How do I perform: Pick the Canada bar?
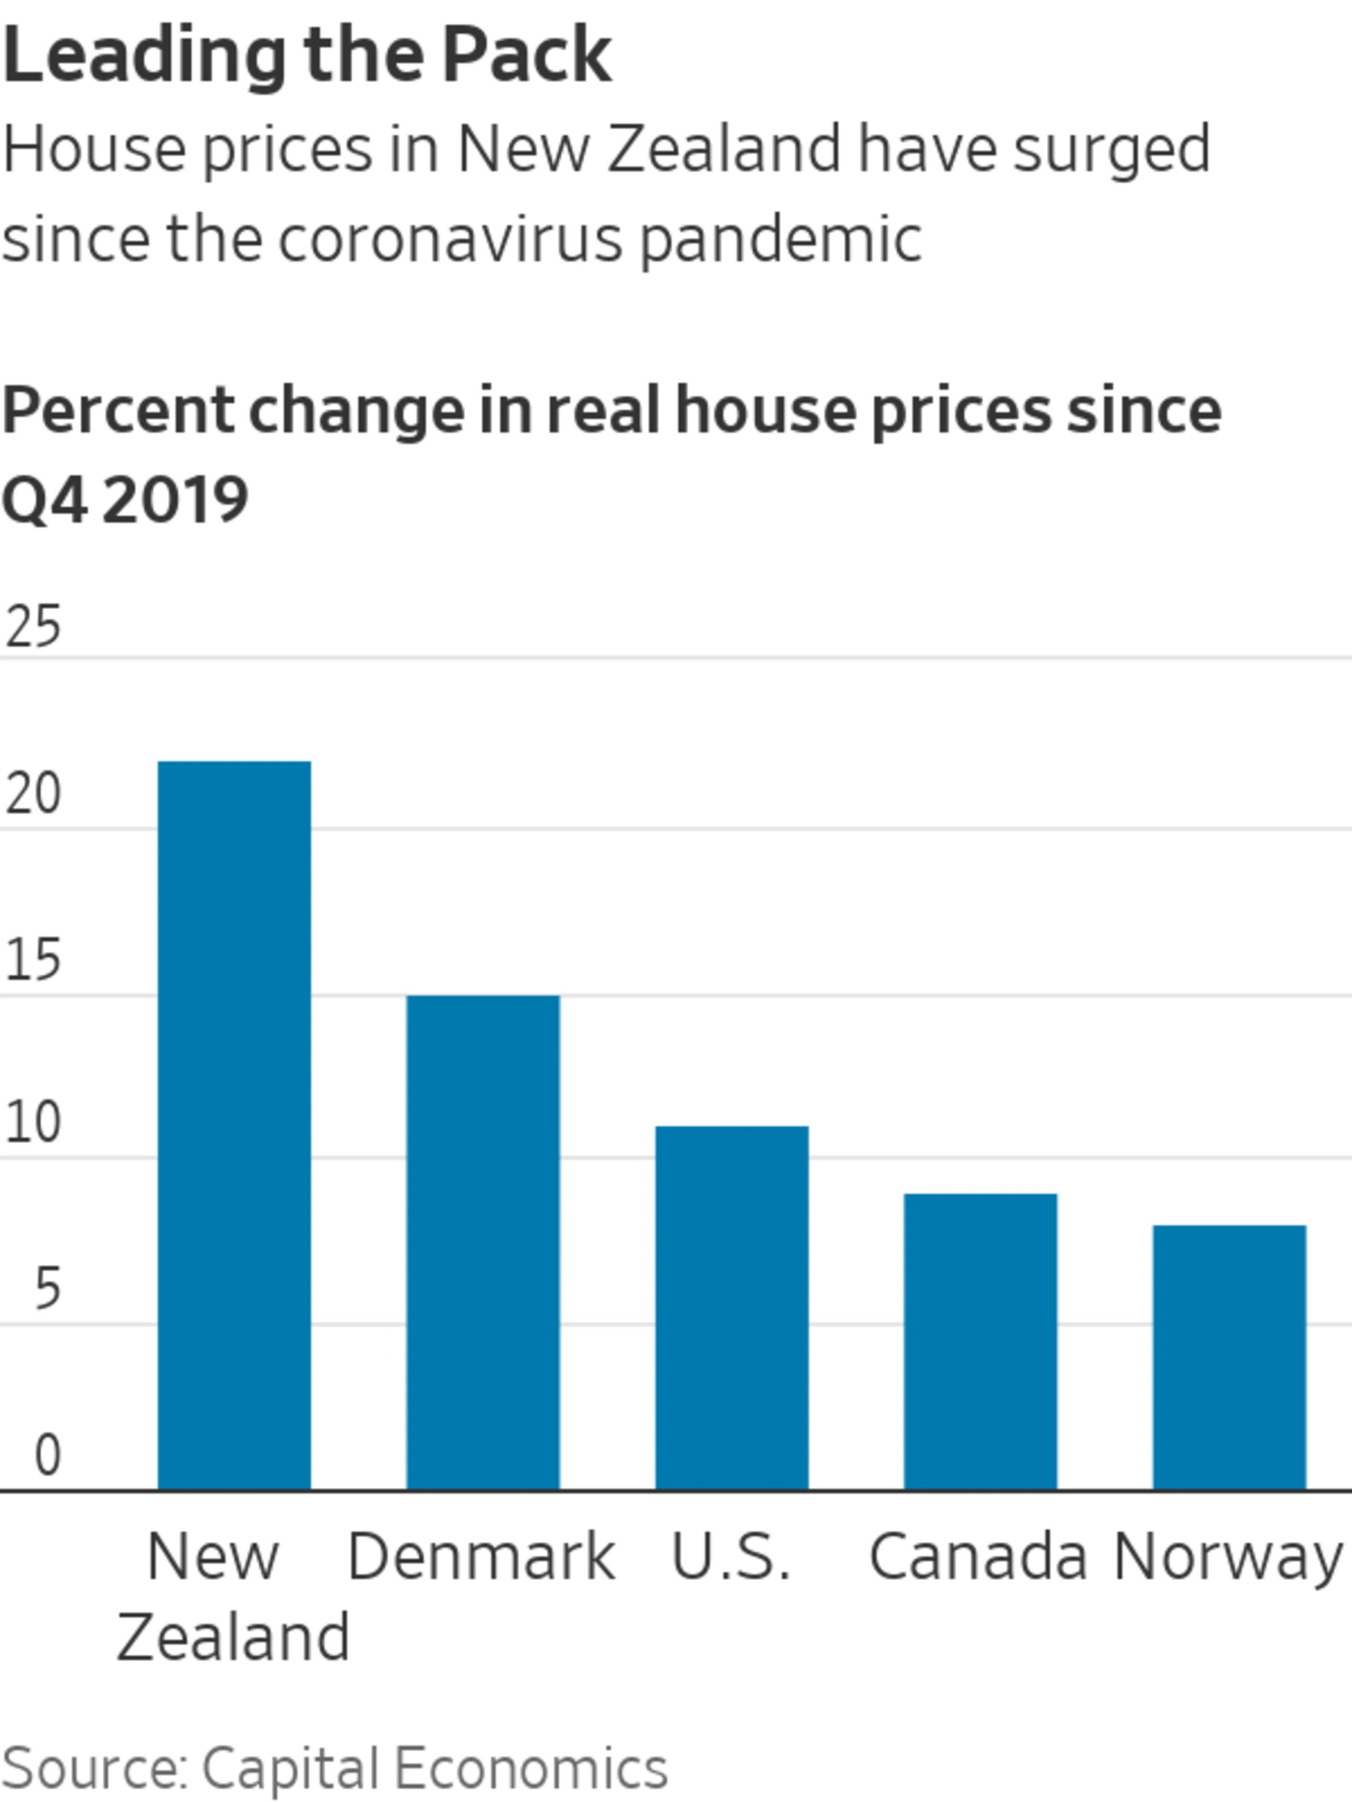(980, 1342)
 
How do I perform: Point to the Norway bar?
(1229, 1358)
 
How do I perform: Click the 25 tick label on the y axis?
(33, 627)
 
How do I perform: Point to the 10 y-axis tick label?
(33, 1124)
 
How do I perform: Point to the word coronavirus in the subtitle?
(450, 240)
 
